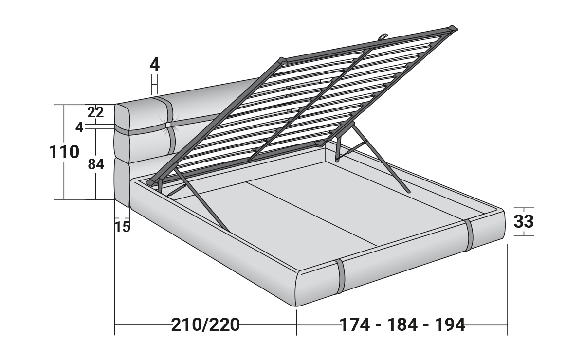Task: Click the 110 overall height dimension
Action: click(64, 152)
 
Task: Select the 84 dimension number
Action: click(96, 164)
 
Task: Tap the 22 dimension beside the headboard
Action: click(95, 112)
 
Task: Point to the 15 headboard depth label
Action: click(122, 227)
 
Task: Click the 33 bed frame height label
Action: click(524, 221)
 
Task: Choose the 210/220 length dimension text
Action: click(205, 325)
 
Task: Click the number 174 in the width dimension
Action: click(355, 325)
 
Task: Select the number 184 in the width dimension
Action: click(402, 325)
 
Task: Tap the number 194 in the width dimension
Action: click(450, 325)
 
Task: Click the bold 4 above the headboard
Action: click(155, 64)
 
